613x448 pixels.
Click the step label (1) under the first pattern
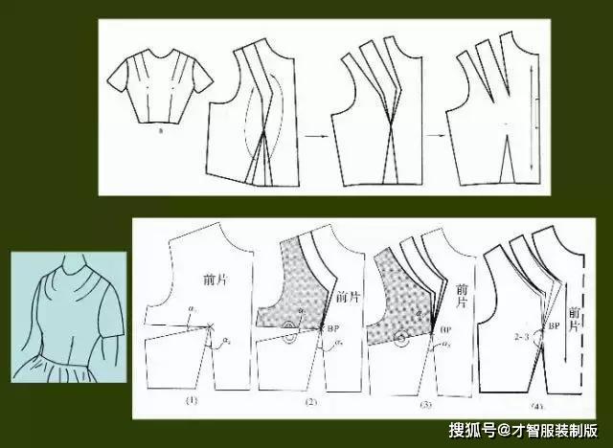[192, 401]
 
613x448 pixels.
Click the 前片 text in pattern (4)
[574, 320]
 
